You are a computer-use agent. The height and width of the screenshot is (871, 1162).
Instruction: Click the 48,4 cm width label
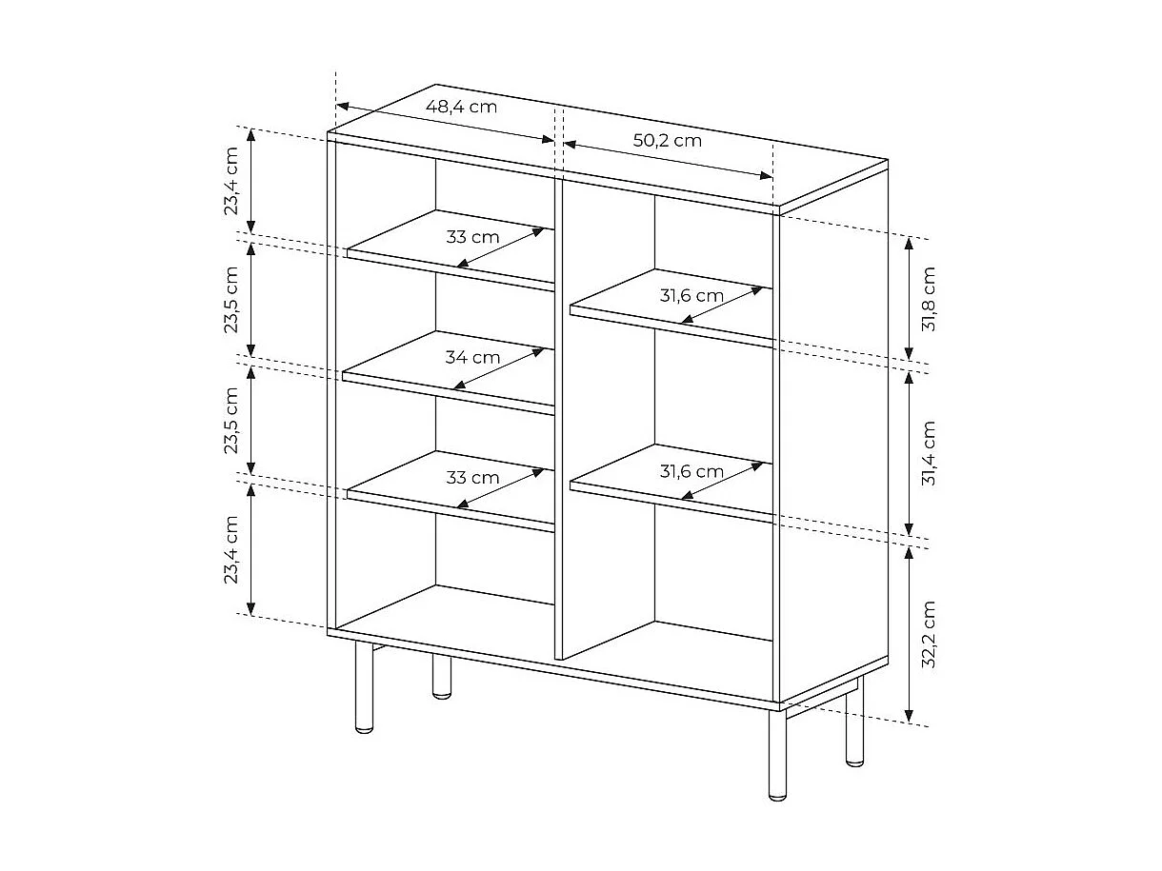[461, 107]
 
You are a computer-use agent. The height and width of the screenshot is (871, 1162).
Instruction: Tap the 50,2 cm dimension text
[668, 140]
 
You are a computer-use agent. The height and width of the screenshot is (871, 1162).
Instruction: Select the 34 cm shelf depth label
[472, 358]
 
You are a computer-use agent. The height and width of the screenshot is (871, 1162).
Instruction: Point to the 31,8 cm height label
[930, 298]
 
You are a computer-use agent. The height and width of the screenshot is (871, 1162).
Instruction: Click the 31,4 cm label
[930, 453]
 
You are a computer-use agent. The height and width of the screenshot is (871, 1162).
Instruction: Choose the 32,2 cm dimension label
[930, 634]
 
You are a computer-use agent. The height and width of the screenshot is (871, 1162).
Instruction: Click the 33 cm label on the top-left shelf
[472, 237]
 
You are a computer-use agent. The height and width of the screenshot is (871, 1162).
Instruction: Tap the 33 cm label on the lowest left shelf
[472, 478]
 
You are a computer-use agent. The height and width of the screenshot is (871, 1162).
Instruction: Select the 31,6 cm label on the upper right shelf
[691, 296]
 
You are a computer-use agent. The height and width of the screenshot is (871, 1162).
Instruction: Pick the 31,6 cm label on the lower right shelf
[691, 471]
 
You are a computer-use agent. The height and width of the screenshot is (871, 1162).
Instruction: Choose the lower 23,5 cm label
[231, 420]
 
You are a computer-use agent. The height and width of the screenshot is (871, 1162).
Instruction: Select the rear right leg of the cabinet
[854, 723]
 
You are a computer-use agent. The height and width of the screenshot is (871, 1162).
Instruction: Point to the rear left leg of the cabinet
[441, 676]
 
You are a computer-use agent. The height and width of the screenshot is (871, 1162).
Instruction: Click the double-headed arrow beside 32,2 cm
[910, 634]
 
